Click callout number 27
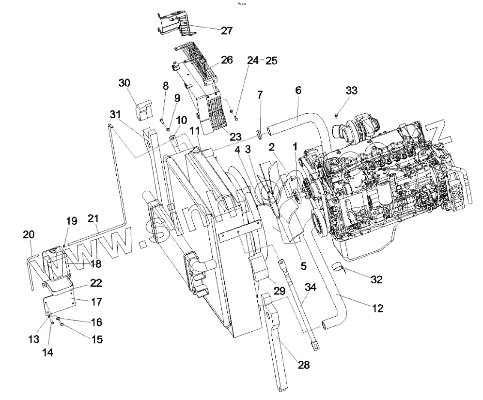coord(227,31)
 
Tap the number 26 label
coord(227,60)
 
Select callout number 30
coord(125,83)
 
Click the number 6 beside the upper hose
coord(298,91)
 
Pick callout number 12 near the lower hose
coord(377,308)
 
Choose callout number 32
coord(376,279)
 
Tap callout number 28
coord(304,365)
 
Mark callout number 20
coord(29,235)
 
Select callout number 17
coord(97,302)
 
